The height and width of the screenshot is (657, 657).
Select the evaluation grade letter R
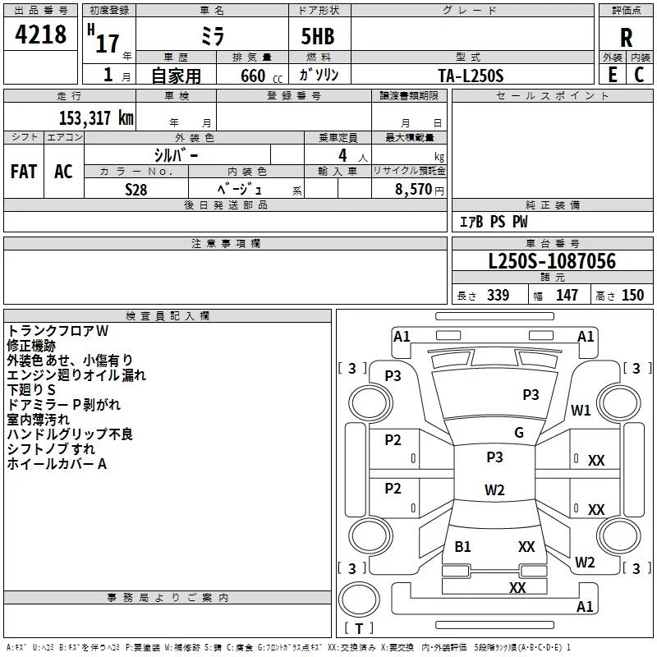pos(626,38)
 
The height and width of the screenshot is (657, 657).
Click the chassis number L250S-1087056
pos(552,262)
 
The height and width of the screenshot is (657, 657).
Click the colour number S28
pos(136,190)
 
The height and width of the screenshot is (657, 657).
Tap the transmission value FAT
pos(24,172)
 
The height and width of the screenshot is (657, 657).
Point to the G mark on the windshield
pos(518,433)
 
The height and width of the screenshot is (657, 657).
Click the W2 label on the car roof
pos(494,490)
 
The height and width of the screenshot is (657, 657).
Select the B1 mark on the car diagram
pos(463,546)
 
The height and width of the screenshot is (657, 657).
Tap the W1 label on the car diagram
pos(581,411)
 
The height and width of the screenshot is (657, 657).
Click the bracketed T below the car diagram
pos(358,629)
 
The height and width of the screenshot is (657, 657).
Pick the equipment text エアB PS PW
pos(494,223)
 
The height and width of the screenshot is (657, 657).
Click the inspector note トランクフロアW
pos(58,331)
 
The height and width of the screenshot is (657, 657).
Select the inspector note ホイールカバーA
pos(57,464)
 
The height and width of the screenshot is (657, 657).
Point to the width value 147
pos(567,296)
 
